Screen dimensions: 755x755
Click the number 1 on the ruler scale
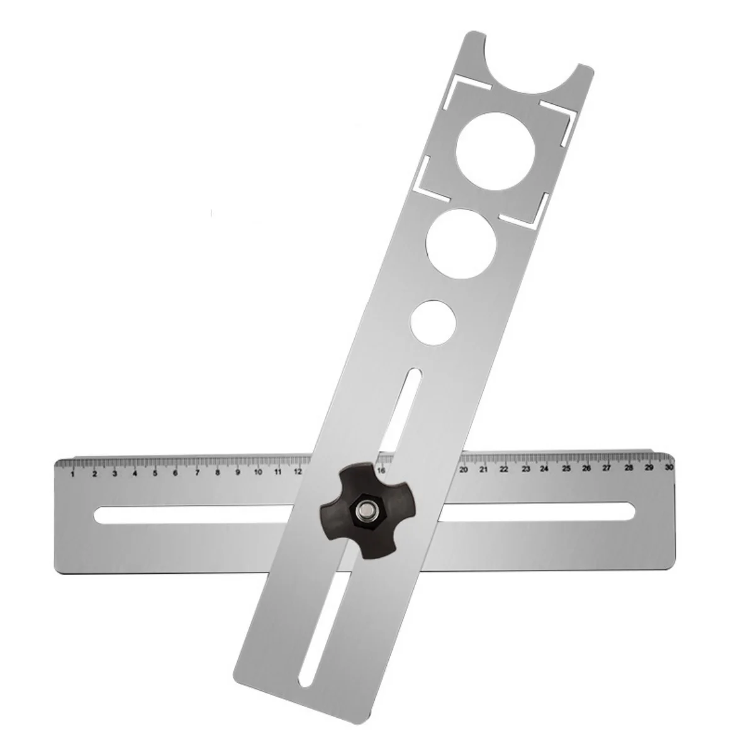click(74, 474)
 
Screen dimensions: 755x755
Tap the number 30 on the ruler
click(668, 467)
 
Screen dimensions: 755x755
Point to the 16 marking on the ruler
click(381, 471)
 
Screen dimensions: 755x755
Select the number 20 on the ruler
click(464, 470)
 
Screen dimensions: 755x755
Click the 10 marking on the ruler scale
click(258, 472)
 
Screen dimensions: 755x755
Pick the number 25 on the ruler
click(566, 469)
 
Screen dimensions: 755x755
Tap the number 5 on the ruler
click(155, 473)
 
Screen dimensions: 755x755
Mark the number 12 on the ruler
click(298, 471)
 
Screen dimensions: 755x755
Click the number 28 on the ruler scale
click(628, 468)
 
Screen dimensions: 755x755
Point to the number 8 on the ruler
click(217, 473)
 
